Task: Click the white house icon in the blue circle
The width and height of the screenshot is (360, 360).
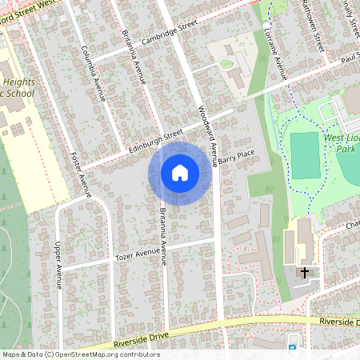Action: [179, 173]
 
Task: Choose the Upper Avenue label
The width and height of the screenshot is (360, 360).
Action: [58, 266]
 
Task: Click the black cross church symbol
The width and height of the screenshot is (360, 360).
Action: [304, 273]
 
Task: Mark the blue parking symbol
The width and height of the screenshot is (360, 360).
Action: [291, 347]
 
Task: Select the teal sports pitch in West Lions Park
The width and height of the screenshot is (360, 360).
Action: [304, 155]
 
